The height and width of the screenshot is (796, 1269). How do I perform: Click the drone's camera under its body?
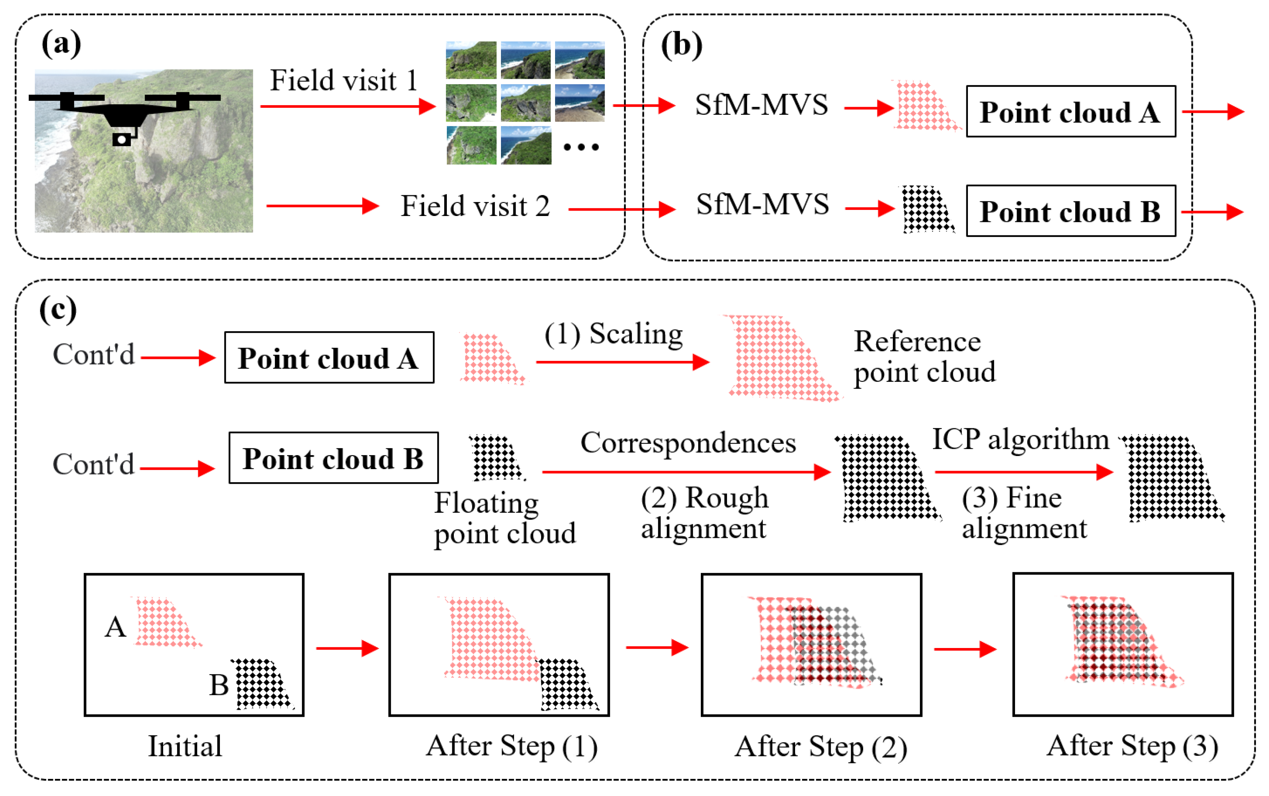tap(122, 139)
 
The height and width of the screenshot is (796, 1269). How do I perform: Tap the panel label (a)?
tap(61, 44)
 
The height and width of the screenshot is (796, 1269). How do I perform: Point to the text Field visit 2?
tap(475, 206)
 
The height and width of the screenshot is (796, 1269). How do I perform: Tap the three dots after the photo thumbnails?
tap(581, 147)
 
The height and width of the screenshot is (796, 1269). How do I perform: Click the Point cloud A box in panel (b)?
tap(1070, 112)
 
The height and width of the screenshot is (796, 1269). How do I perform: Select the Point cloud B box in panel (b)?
tap(1070, 211)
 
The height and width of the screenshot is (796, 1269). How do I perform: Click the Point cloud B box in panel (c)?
tap(333, 458)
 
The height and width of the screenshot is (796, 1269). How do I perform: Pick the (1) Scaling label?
tap(613, 334)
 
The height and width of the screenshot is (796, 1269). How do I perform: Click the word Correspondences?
tap(688, 443)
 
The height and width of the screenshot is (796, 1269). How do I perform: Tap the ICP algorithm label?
tap(1020, 439)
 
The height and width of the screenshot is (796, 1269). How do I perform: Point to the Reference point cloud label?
tap(924, 357)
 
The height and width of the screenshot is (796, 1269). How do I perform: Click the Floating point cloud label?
tap(504, 518)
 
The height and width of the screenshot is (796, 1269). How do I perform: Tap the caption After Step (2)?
tap(820, 747)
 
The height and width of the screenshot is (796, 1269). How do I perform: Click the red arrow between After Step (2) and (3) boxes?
tap(965, 649)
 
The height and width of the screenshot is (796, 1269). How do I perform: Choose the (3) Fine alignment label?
tap(1024, 513)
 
